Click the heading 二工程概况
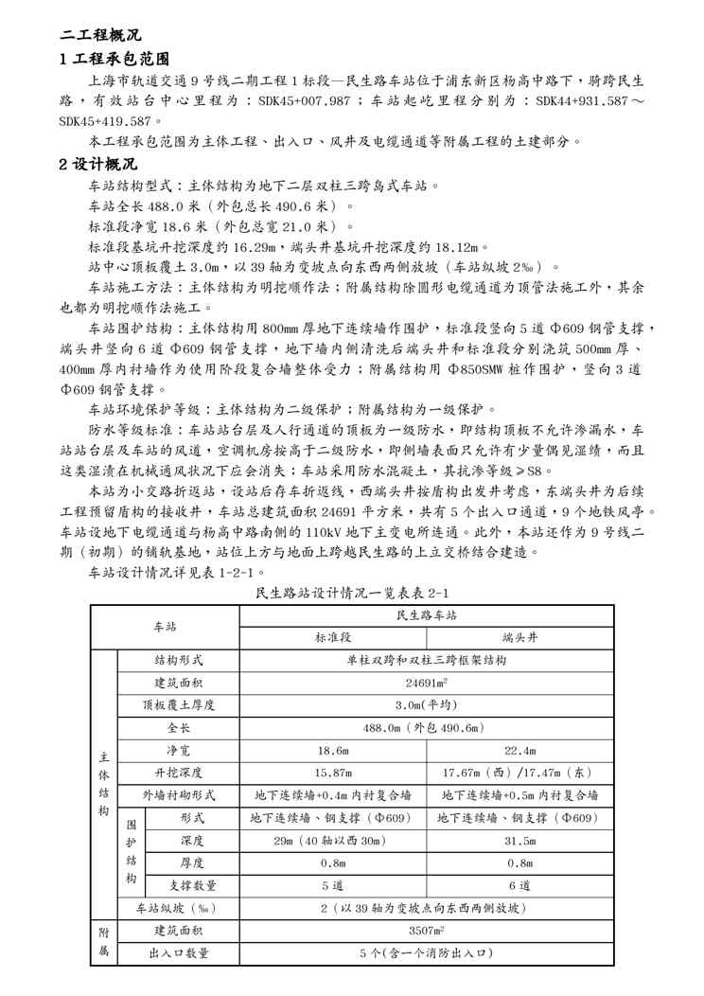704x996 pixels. click(x=100, y=35)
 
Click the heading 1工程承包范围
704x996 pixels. click(x=114, y=59)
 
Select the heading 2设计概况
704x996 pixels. click(x=101, y=163)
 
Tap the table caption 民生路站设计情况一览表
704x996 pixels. click(x=352, y=594)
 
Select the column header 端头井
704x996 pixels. click(x=521, y=637)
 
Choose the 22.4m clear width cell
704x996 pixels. click(x=521, y=750)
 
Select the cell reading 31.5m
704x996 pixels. click(x=521, y=840)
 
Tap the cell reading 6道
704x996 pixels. click(x=521, y=885)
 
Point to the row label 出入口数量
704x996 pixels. click(x=179, y=953)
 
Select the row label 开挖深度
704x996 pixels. click(x=179, y=773)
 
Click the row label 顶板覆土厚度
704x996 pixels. click(x=179, y=705)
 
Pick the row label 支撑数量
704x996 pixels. click(x=193, y=885)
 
